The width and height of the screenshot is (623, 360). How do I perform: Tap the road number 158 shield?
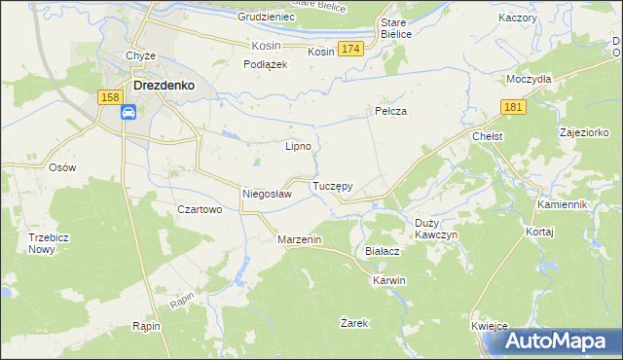(x=110, y=96)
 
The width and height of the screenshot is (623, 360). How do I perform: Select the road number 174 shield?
(x=351, y=49)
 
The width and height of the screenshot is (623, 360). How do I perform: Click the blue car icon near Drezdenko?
(x=128, y=113)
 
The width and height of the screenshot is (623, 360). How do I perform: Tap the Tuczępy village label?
(x=332, y=185)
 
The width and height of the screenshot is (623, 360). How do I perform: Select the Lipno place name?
(x=298, y=147)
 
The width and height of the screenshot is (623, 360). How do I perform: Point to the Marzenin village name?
(x=299, y=239)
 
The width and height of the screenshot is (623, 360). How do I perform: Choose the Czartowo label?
(x=201, y=209)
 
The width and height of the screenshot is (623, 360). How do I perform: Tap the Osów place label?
(x=62, y=166)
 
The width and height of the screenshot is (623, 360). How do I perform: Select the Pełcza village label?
(x=390, y=112)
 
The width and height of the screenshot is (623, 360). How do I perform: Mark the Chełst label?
(x=487, y=137)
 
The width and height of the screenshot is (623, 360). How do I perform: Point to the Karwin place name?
(x=388, y=280)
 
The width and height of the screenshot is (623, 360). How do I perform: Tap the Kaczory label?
(x=517, y=18)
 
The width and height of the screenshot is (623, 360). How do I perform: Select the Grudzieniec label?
(x=265, y=18)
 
